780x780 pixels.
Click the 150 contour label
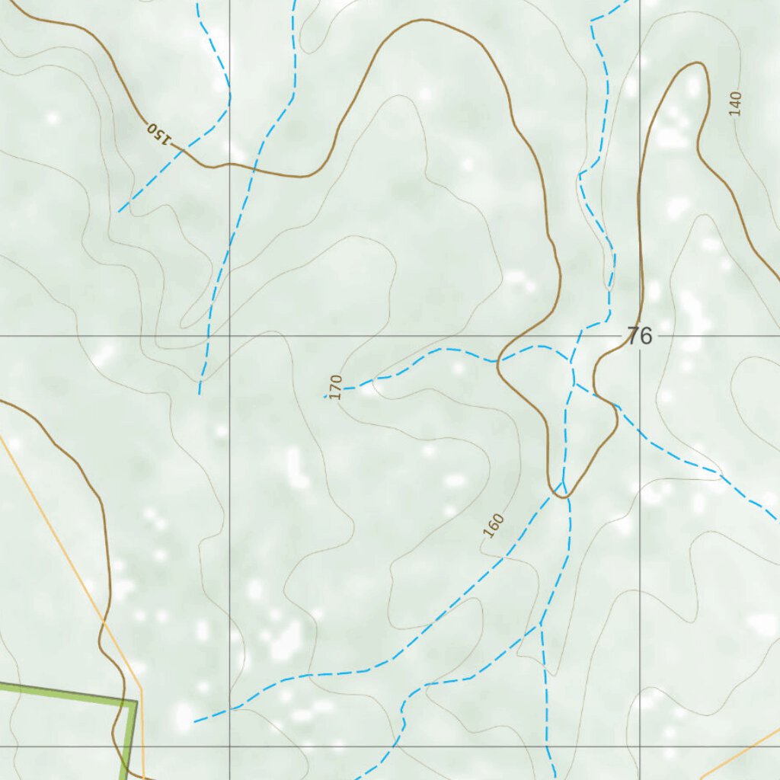[x=158, y=133]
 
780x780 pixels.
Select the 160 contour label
[x=494, y=526]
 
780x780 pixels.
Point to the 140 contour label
[x=735, y=103]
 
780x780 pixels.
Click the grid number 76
[x=639, y=336]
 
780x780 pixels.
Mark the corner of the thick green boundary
[x=135, y=702]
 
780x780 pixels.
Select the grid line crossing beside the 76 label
[x=640, y=335]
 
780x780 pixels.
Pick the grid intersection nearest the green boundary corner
[x=230, y=746]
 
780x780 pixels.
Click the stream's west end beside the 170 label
[x=326, y=397]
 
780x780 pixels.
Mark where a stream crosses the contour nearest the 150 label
[x=181, y=151]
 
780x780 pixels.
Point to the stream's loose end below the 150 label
[x=119, y=212]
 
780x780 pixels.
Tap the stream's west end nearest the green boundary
[x=194, y=721]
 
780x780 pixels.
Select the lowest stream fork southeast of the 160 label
[x=540, y=625]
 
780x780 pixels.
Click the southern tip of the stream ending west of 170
[x=200, y=394]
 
